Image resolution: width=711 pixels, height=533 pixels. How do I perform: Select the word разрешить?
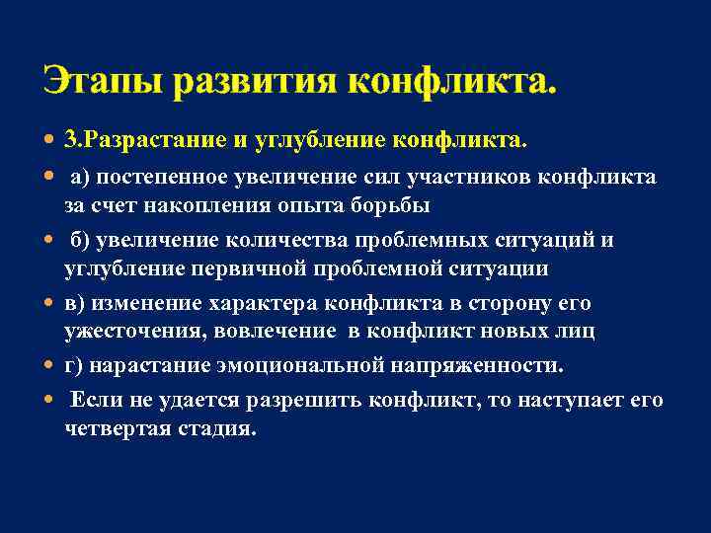pyautogui.click(x=312, y=401)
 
